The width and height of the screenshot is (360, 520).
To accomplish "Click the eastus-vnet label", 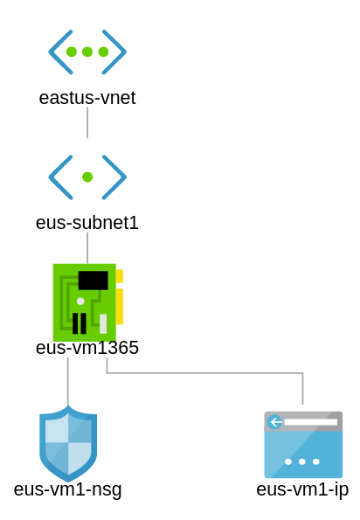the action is (87, 98).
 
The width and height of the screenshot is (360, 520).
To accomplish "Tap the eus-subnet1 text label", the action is (87, 223).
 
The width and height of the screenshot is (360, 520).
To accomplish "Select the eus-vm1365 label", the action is (87, 348).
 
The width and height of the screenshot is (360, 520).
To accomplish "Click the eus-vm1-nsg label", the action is (67, 489).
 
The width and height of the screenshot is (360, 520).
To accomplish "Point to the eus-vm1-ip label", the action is (302, 489).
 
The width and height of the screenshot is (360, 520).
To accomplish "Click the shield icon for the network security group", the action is (68, 443).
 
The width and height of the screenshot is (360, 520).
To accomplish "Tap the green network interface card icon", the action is (88, 302).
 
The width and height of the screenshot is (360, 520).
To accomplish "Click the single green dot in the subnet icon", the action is (87, 177).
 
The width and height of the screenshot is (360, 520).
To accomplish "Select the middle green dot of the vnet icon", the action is (87, 52).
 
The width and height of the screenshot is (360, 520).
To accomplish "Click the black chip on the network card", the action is (93, 281).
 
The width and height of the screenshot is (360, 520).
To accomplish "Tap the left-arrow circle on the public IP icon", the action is (275, 422).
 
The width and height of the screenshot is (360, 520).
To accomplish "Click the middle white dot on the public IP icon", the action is (302, 461).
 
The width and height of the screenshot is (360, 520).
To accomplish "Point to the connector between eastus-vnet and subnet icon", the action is (87, 122).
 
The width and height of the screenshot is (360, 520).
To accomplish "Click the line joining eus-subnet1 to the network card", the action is (87, 247).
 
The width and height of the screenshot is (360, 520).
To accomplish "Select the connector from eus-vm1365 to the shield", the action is (68, 381).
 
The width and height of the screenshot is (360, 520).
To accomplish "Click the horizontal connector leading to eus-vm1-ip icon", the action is (204, 373).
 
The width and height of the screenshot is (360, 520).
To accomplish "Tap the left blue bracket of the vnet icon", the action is (60, 52).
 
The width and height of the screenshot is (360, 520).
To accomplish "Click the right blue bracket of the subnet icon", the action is (114, 177).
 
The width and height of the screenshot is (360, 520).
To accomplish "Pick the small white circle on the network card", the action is (80, 302).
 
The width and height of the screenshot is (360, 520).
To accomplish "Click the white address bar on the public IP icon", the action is (310, 422).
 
